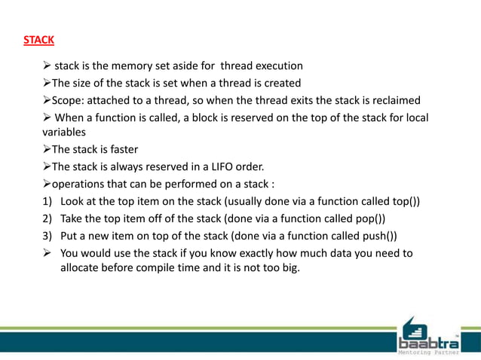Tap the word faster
121,148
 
